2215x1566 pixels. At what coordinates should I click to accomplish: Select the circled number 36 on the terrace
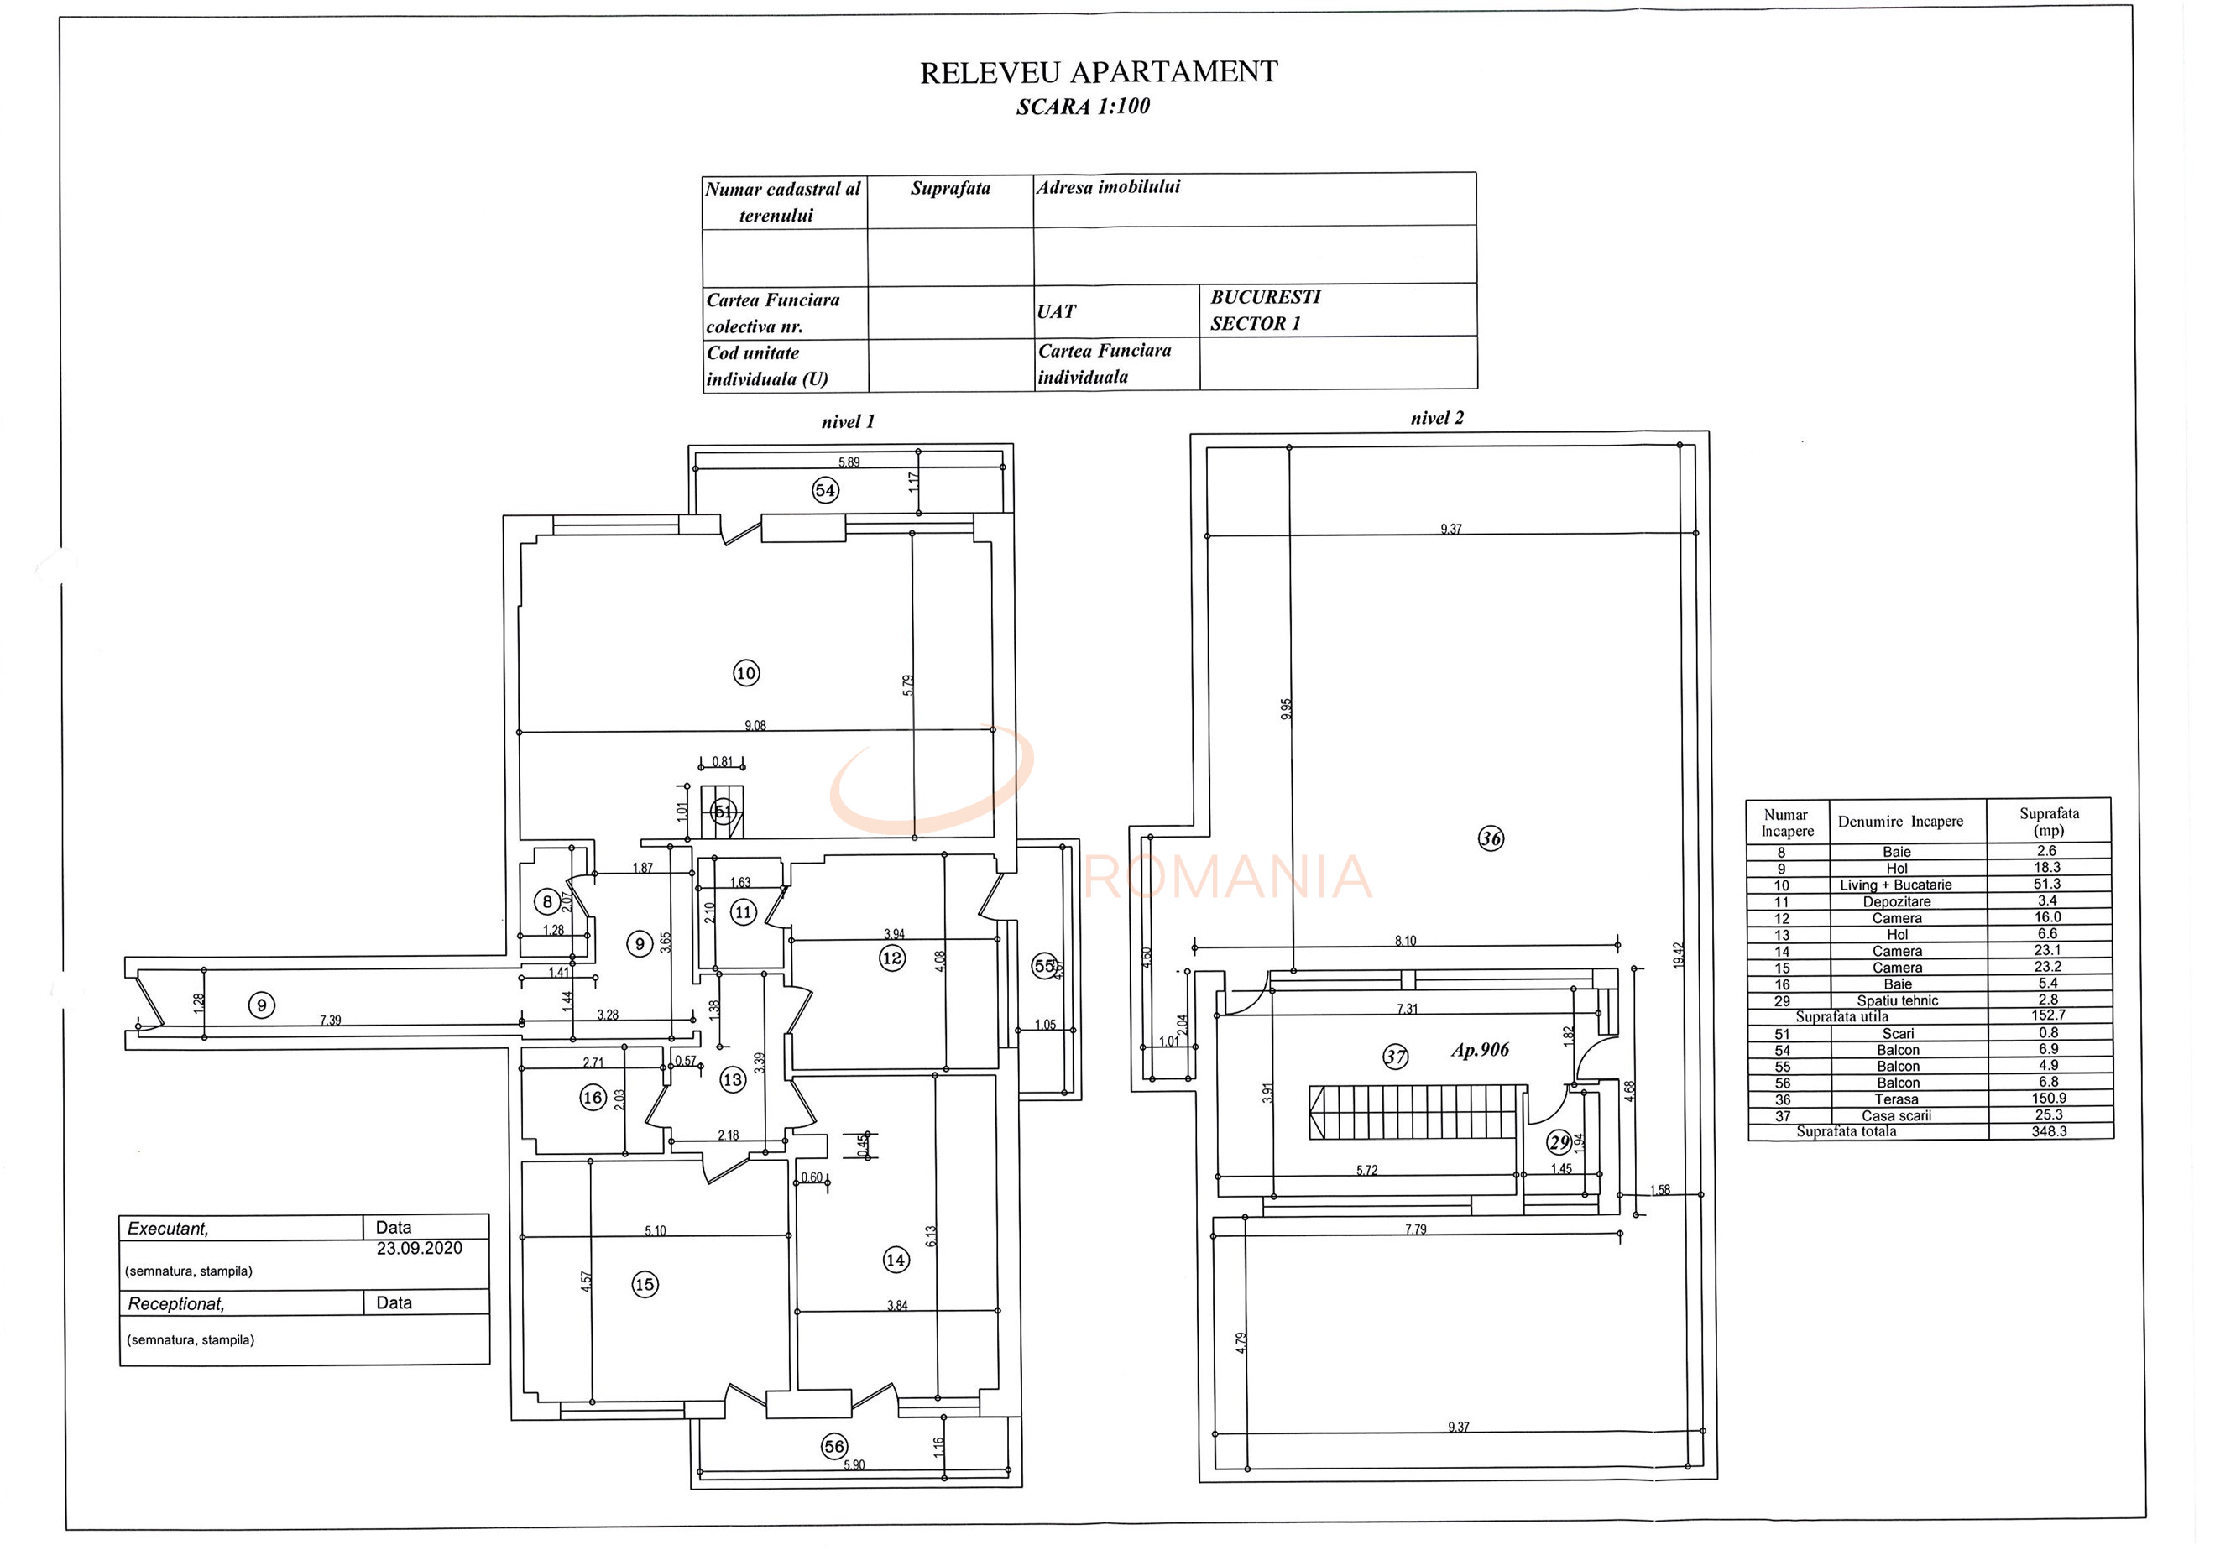[x=1491, y=838]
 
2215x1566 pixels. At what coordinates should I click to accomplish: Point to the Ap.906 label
[x=1479, y=1050]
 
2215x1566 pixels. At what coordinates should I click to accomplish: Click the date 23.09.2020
[x=419, y=1248]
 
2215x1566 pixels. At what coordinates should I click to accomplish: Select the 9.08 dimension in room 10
[x=755, y=726]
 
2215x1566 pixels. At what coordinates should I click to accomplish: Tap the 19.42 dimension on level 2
[x=1679, y=956]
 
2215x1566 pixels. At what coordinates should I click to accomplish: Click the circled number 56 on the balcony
[x=834, y=1446]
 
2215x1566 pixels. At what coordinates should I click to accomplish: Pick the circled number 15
[x=645, y=1284]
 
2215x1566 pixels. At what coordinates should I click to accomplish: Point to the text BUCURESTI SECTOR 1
[x=1265, y=310]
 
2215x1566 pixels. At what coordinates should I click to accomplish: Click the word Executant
[x=168, y=1229]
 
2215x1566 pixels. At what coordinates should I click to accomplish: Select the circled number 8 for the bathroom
[x=547, y=902]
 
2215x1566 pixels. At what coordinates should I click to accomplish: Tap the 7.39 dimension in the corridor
[x=330, y=1020]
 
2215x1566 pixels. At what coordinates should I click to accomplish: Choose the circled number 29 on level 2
[x=1559, y=1142]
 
